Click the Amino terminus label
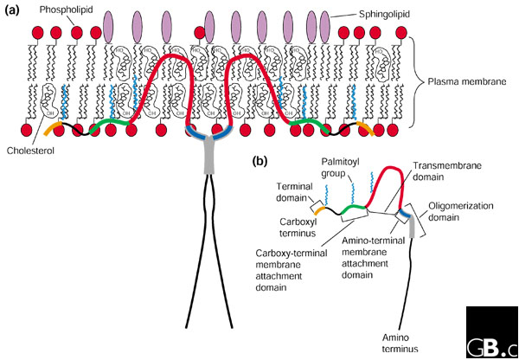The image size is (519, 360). coord(397,341)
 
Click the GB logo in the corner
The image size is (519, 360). coord(491,332)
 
